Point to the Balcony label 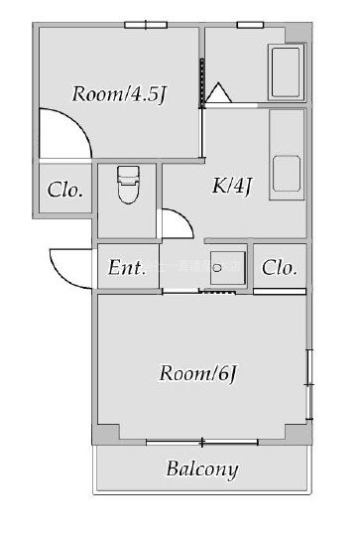(x=202, y=468)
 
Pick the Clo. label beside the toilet (x=65, y=190)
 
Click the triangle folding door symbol (x=218, y=94)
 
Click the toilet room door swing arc (x=176, y=222)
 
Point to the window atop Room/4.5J (x=145, y=25)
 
